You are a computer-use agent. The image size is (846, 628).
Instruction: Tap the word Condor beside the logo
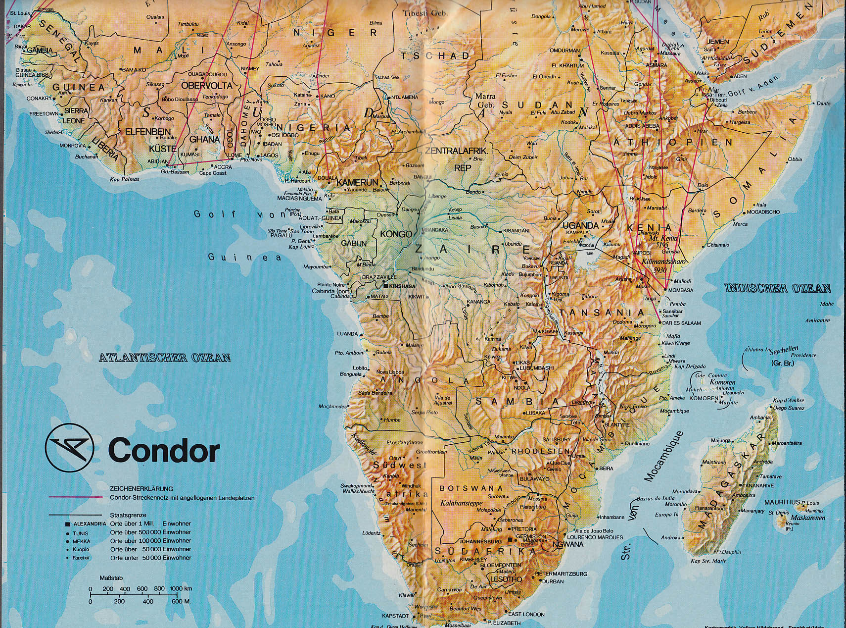coord(163,451)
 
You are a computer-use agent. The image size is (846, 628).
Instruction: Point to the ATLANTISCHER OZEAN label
coord(164,357)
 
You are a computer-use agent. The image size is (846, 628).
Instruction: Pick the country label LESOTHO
coord(506,579)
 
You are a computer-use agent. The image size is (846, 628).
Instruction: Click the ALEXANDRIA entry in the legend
coord(89,523)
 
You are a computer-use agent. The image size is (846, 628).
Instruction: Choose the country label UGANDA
coord(581,225)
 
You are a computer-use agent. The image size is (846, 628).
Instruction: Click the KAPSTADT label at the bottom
coord(395,616)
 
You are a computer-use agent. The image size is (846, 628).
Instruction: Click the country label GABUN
coord(354,243)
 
